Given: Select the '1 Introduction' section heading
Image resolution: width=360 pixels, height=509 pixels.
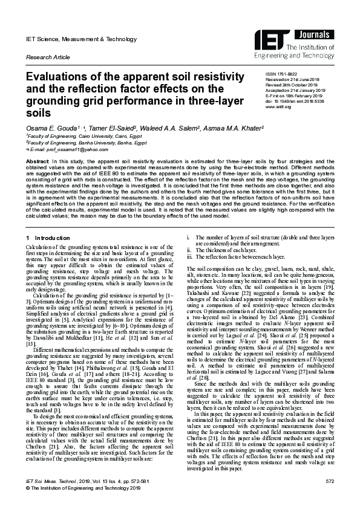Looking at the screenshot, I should (50, 244).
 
